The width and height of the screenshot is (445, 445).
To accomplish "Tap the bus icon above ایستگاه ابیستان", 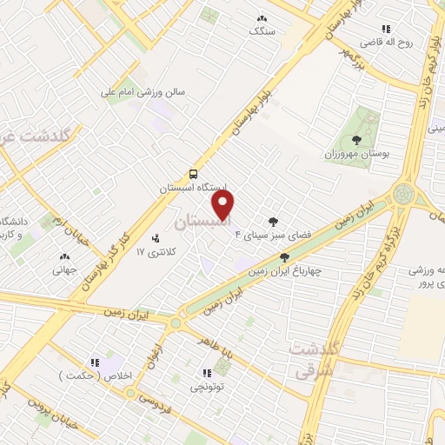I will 193,172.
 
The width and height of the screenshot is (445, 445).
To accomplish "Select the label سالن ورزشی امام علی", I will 143,90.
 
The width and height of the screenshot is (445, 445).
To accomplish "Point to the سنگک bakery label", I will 261,30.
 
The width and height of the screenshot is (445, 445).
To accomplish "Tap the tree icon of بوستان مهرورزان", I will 355,139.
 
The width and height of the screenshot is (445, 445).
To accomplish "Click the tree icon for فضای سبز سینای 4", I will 275,221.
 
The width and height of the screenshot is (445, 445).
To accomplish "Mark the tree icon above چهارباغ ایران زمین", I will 284,257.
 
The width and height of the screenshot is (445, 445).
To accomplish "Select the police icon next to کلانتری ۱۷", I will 156,238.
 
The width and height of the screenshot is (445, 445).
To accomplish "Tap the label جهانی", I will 64,269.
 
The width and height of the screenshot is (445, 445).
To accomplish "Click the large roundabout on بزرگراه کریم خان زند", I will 404,194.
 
